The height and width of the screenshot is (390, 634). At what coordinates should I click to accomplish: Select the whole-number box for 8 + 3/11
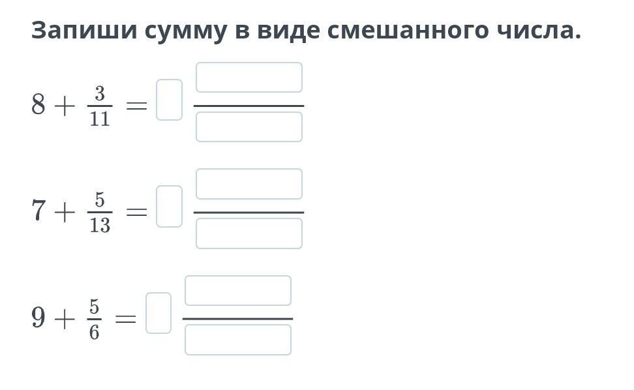169,100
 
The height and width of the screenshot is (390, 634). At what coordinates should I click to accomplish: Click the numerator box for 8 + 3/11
249,78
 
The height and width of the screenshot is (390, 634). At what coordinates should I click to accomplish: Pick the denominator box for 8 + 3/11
249,127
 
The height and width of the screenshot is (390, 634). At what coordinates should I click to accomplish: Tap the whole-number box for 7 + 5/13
169,207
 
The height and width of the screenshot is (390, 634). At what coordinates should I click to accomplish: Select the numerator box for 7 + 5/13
249,184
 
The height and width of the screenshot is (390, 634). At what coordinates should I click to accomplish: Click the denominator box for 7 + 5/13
249,233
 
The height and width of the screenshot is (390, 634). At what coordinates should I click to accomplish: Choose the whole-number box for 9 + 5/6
158,313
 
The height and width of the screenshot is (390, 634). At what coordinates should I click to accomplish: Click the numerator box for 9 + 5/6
238,291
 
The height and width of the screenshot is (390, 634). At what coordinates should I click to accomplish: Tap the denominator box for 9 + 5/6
238,340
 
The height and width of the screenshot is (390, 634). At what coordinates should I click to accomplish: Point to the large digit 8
39,104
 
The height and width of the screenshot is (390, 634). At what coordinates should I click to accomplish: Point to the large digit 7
39,211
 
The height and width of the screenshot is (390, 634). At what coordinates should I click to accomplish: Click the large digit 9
39,318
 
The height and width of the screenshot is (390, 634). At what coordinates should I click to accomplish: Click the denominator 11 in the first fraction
100,119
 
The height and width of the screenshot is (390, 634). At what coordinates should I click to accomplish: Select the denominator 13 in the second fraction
100,226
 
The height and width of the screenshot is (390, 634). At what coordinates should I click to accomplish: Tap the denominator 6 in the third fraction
95,333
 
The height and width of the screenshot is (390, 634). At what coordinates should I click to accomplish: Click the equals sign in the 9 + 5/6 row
126,319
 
